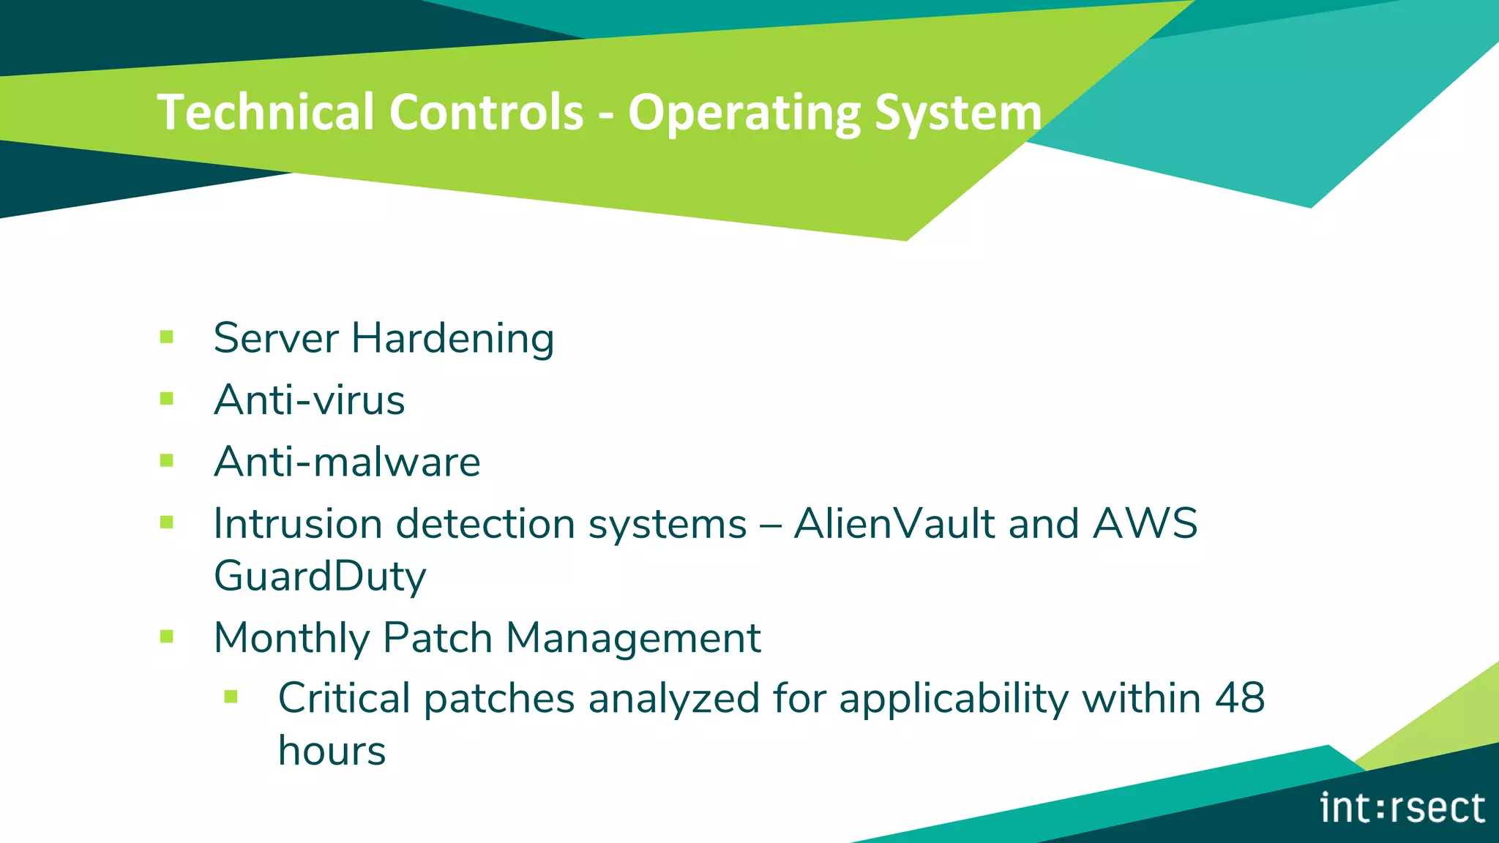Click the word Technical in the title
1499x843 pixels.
coord(266,112)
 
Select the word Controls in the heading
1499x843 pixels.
coord(486,112)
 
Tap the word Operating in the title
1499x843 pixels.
coord(743,113)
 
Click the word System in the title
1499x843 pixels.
coord(957,113)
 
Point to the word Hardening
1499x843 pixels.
coord(452,338)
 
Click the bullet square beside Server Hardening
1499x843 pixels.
coord(167,337)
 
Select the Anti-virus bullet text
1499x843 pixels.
coord(309,400)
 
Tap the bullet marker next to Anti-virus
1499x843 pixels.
coord(167,399)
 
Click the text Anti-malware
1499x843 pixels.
coord(347,462)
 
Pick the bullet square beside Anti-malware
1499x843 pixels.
coord(167,461)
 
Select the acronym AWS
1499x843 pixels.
coord(1145,523)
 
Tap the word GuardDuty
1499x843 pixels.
coord(320,576)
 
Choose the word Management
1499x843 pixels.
coord(633,637)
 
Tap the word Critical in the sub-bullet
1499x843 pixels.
coord(345,697)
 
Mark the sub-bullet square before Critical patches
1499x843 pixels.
coord(231,697)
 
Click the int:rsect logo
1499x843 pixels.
coord(1402,808)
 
